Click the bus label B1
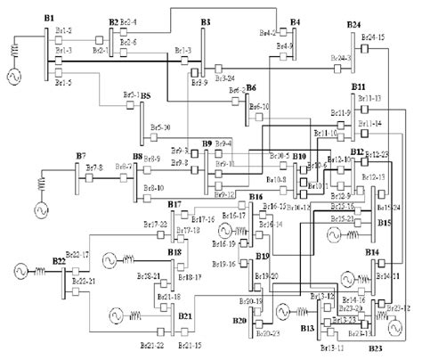click(x=49, y=19)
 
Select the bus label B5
click(x=145, y=95)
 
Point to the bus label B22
click(x=58, y=260)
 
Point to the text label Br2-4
click(x=129, y=21)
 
